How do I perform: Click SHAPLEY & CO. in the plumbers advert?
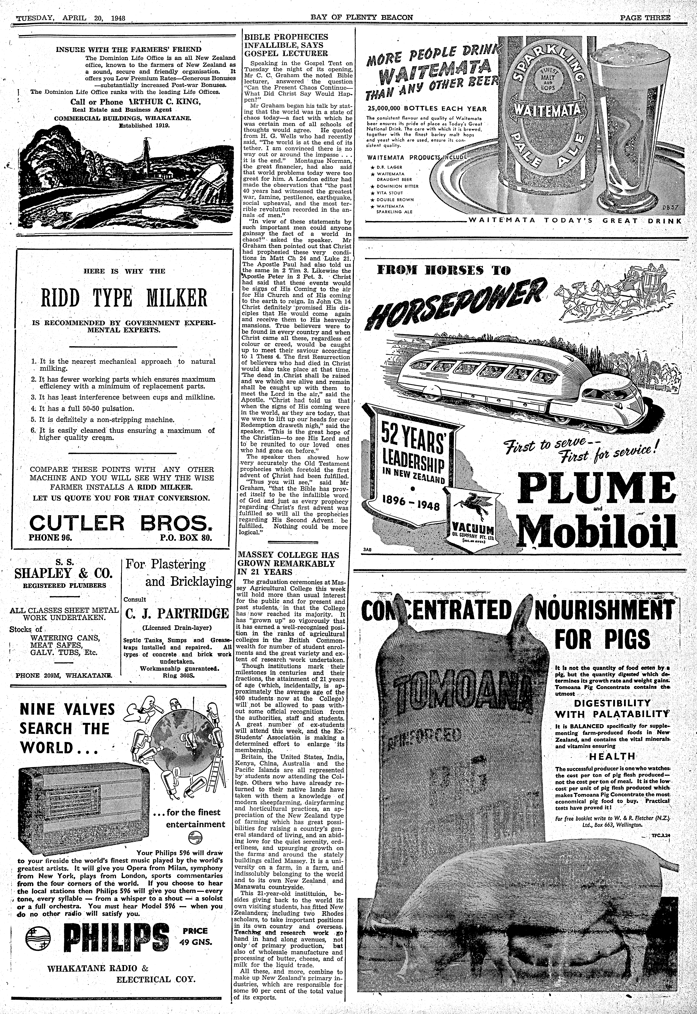coord(64,573)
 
